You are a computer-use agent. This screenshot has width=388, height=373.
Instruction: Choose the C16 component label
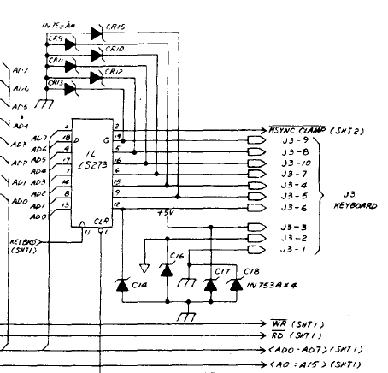(x=177, y=256)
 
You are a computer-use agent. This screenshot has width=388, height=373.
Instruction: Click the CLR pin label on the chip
(x=101, y=221)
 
